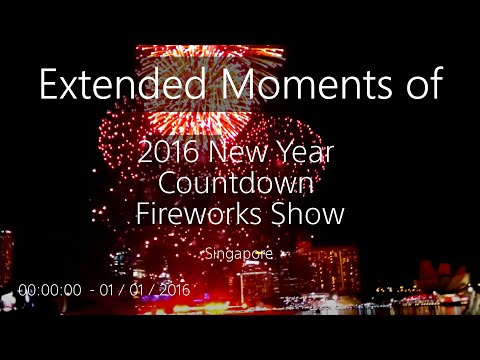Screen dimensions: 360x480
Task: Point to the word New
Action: [236, 155]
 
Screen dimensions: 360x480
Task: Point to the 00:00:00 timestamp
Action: [49, 289]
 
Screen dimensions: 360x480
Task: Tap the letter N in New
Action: [215, 155]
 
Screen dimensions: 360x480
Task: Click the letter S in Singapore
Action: [208, 253]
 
